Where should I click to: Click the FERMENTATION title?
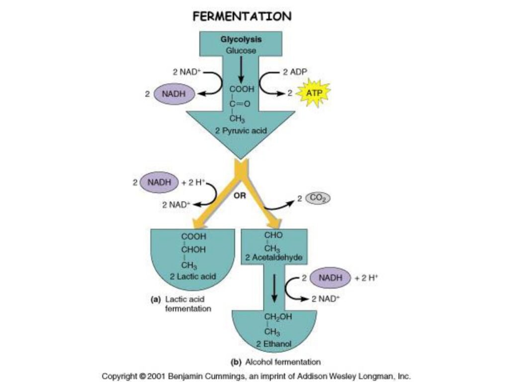(242, 16)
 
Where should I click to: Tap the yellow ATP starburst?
(313, 93)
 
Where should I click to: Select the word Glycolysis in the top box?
(242, 39)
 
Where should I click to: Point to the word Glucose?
(242, 50)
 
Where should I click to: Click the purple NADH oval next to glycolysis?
(174, 94)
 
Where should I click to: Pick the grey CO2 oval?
(317, 198)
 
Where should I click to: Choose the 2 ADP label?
(295, 72)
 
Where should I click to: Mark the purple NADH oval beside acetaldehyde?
(330, 278)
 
